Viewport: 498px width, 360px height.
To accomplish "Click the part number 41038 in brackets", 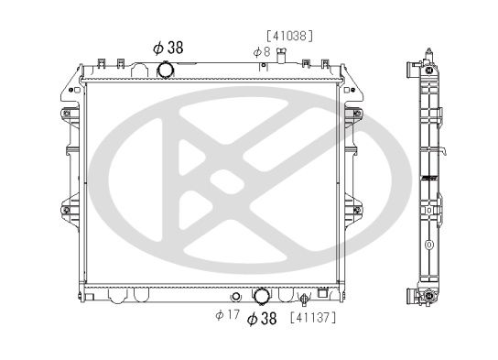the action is (289, 36).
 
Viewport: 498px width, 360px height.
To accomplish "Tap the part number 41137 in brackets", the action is (313, 318).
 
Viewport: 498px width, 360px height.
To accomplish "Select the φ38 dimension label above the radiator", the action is (168, 48).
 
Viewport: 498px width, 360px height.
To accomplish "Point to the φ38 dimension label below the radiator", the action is (262, 318).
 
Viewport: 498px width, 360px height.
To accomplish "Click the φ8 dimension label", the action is (262, 52).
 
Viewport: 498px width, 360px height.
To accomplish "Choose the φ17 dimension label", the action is (227, 315).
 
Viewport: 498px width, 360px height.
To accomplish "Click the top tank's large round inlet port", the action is (166, 70).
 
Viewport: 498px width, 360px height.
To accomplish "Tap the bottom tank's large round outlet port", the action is (262, 296).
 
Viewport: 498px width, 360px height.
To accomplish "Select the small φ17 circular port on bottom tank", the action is (235, 297).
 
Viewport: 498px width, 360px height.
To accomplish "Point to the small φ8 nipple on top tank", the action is (281, 56).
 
